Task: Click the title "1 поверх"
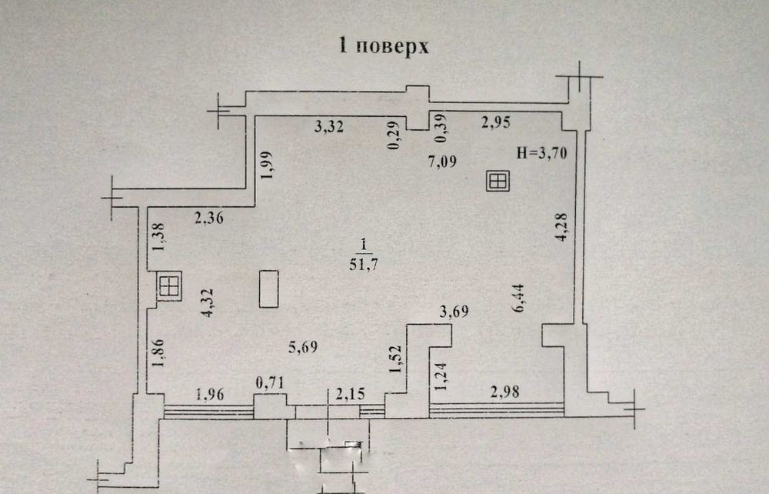[384, 46]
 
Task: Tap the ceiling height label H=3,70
[541, 154]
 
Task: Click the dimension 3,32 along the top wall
[328, 128]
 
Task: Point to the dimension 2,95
[495, 122]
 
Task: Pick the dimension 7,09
[442, 162]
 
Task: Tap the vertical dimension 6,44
[518, 298]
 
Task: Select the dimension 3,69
[454, 312]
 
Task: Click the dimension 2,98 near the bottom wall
[504, 392]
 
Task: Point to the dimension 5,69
[303, 347]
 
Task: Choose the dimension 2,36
[209, 217]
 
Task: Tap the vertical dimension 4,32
[208, 302]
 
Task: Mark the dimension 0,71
[270, 382]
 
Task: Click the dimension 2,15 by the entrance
[350, 394]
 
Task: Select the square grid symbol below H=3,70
[498, 181]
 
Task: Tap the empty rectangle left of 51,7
[268, 289]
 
